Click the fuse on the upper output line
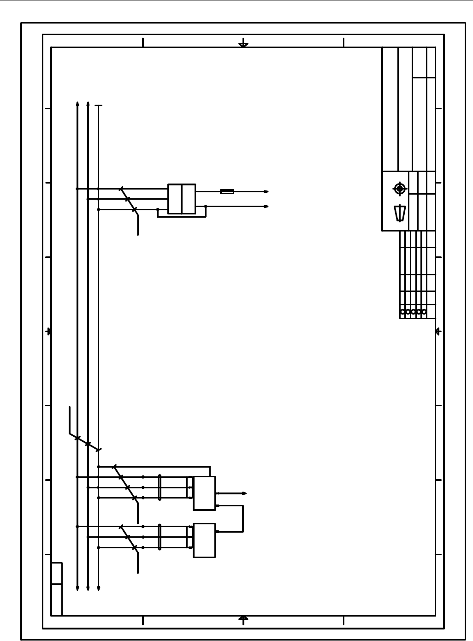227,191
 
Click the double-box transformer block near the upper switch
182,199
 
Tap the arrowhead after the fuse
266,191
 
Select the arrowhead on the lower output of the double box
266,207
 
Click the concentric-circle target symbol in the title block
400,189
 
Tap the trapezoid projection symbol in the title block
400,213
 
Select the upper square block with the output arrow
204,493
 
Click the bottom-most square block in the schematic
204,540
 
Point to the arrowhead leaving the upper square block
244,493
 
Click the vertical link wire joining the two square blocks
243,519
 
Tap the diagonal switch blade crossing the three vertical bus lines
84,441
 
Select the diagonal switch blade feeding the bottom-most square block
129,538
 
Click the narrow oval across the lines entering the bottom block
160,537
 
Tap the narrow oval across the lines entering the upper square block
160,487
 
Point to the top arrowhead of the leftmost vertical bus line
77,104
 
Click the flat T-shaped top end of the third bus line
98,106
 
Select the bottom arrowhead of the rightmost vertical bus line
98,588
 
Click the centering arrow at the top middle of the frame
243,45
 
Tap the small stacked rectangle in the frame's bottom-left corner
57,588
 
